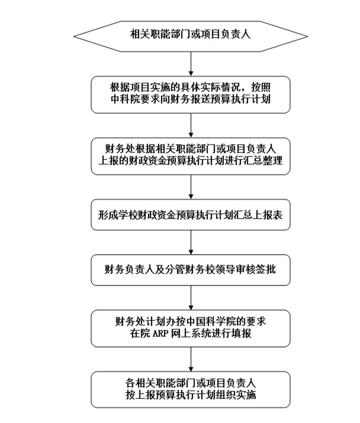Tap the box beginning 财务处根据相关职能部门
point(191,156)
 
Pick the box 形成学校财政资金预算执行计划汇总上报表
point(191,214)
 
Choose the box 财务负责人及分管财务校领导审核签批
point(191,270)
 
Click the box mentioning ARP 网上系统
point(191,328)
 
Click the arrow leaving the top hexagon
point(191,64)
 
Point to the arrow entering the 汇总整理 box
point(191,126)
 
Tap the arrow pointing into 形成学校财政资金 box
point(191,187)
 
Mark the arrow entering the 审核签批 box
point(191,242)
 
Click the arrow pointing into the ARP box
point(191,297)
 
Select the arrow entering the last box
point(191,359)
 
